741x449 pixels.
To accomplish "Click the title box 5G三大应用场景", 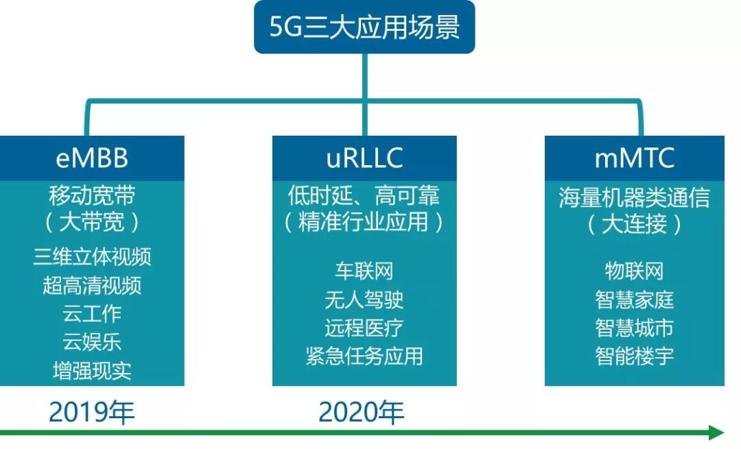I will pyautogui.click(x=364, y=27).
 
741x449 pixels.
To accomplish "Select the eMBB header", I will pyautogui.click(x=92, y=158).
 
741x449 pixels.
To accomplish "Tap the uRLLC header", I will pyautogui.click(x=364, y=158).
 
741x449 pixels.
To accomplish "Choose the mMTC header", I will pyautogui.click(x=635, y=158).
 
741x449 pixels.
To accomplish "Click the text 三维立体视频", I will pyautogui.click(x=92, y=257).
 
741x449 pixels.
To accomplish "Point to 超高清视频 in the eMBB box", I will pyautogui.click(x=92, y=285).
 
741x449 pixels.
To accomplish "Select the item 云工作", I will pyautogui.click(x=92, y=313).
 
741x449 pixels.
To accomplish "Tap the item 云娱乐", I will pyautogui.click(x=92, y=341).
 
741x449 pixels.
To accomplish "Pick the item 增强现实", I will pyautogui.click(x=92, y=370).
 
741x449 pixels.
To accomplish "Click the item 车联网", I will pyautogui.click(x=364, y=271).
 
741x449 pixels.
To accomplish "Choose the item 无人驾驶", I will pyautogui.click(x=364, y=300).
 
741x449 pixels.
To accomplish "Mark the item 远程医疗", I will pyautogui.click(x=364, y=328).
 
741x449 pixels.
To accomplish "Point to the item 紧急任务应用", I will pyautogui.click(x=364, y=356).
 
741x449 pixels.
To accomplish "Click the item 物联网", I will pyautogui.click(x=635, y=271).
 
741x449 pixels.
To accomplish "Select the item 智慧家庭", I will pyautogui.click(x=635, y=300).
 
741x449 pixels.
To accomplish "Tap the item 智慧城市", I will pyautogui.click(x=635, y=328).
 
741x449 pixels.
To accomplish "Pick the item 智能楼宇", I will pyautogui.click(x=635, y=356).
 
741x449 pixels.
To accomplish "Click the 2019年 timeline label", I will pyautogui.click(x=92, y=412).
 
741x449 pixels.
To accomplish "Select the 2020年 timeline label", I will pyautogui.click(x=362, y=412).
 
